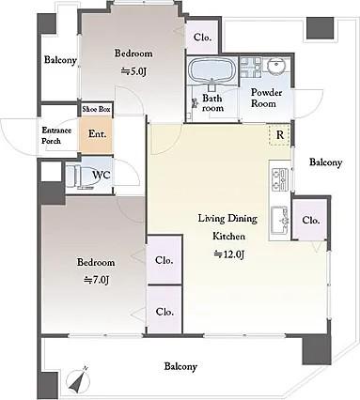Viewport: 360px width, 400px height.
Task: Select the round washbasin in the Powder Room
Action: click(x=276, y=67)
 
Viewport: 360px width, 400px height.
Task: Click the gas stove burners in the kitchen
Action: click(x=280, y=178)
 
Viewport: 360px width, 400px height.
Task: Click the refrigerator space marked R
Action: click(x=279, y=135)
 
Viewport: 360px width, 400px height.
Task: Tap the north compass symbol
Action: click(x=79, y=379)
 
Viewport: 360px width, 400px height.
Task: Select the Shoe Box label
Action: click(x=96, y=109)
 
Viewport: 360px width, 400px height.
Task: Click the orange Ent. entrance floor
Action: click(x=95, y=134)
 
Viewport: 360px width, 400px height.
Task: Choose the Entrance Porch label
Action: click(x=56, y=135)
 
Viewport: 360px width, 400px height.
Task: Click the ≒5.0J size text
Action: click(x=133, y=71)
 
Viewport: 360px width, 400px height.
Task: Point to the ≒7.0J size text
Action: click(x=96, y=280)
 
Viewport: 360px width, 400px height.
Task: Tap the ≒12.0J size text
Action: click(x=228, y=254)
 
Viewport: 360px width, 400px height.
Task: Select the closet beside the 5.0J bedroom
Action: click(x=202, y=38)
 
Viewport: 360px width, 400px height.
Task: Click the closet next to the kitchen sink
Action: click(x=310, y=220)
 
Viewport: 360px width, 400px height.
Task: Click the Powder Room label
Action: click(x=263, y=98)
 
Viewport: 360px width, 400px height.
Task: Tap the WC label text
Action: click(x=101, y=175)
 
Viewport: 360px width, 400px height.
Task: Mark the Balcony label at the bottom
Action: click(x=180, y=366)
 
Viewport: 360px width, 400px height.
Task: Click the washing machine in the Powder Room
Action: click(x=251, y=67)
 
